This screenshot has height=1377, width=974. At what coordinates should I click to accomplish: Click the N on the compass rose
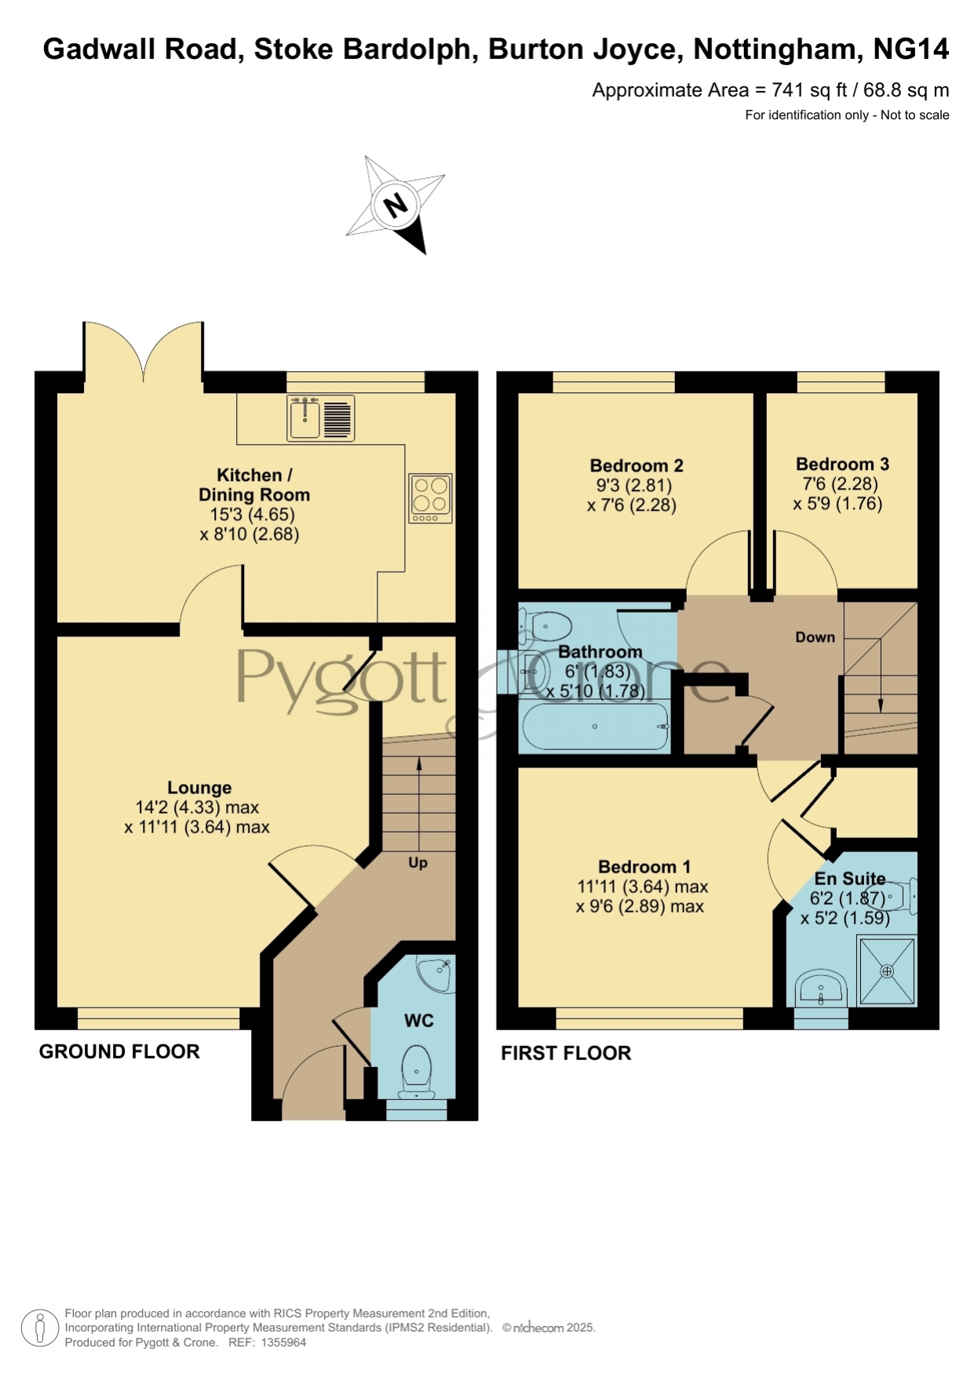[x=396, y=206]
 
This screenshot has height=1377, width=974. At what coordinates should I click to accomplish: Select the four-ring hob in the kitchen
[x=430, y=498]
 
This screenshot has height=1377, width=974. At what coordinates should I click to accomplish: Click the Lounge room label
[x=199, y=788]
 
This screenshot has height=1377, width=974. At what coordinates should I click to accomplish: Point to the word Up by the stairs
[x=418, y=862]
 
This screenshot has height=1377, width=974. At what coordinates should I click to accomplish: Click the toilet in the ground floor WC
[x=416, y=1072]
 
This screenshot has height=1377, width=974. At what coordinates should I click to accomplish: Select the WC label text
[x=419, y=1020]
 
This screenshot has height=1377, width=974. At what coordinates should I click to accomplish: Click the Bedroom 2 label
[x=637, y=465]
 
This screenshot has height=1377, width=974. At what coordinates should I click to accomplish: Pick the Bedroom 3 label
[x=842, y=464]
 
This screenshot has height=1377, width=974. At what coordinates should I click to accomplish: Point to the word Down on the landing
[x=815, y=637]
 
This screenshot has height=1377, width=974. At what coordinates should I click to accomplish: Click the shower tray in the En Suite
[x=887, y=971]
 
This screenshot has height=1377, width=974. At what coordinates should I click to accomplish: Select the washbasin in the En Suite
[x=821, y=989]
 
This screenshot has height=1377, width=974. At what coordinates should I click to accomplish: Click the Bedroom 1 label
[x=644, y=867]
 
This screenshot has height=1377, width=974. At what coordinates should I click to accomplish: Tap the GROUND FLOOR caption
[x=119, y=1051]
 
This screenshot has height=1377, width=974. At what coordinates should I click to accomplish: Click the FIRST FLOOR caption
[x=566, y=1053]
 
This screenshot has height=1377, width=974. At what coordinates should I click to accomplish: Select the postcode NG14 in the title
[x=910, y=49]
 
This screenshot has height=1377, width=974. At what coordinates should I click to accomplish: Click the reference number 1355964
[x=283, y=1342]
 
